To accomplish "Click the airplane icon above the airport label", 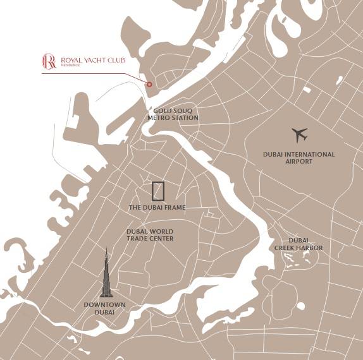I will (300, 135).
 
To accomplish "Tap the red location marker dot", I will (149, 84).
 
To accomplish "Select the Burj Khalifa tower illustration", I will (107, 272).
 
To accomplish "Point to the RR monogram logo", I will (49, 61).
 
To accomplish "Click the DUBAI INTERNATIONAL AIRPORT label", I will (299, 157).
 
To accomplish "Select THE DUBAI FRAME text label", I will (157, 207).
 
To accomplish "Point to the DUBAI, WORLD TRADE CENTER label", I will (150, 234).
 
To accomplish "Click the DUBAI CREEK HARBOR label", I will (298, 244).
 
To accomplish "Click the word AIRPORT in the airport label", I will (299, 162).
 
